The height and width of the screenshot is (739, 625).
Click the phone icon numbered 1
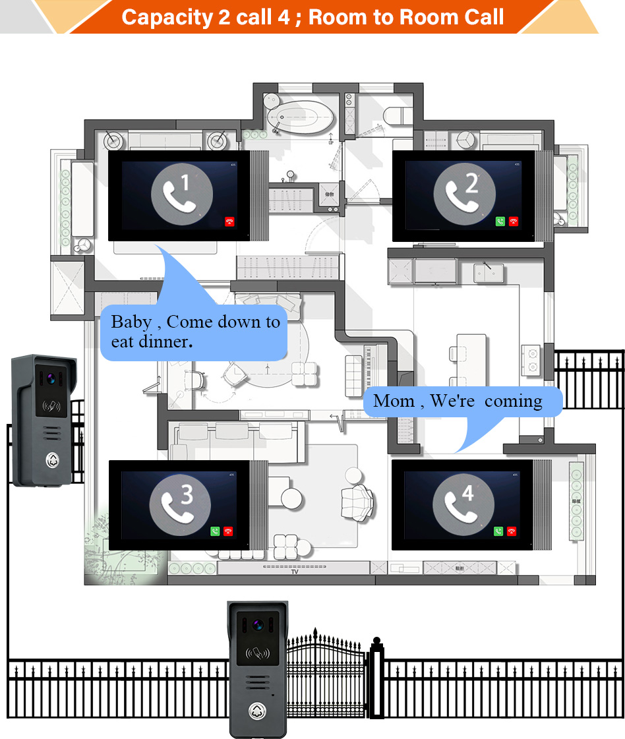coord(182,192)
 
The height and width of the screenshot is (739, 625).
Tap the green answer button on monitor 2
coord(500,222)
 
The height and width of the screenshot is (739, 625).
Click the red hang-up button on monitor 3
coord(229,531)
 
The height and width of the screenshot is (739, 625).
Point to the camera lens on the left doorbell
coord(49,380)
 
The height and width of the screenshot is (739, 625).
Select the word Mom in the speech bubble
coord(394,401)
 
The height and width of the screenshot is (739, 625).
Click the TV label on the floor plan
coord(295,572)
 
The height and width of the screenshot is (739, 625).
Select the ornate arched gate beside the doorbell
coord(326,672)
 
